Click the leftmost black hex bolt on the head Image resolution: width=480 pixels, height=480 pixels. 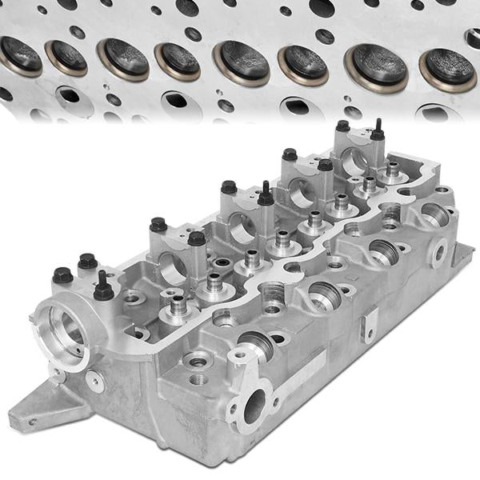pyautogui.click(x=62, y=275)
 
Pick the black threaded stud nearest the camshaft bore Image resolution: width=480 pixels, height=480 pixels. pyautogui.click(x=103, y=289)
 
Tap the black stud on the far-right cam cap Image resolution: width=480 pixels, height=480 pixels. pyautogui.click(x=377, y=131)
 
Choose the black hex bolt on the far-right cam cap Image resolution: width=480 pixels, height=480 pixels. pyautogui.click(x=343, y=126)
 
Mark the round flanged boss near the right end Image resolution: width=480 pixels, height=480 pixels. pyautogui.click(x=439, y=251)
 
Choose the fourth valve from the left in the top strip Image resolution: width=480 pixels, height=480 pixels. pyautogui.click(x=177, y=61)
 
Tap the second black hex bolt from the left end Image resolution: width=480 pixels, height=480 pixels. pyautogui.click(x=87, y=261)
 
